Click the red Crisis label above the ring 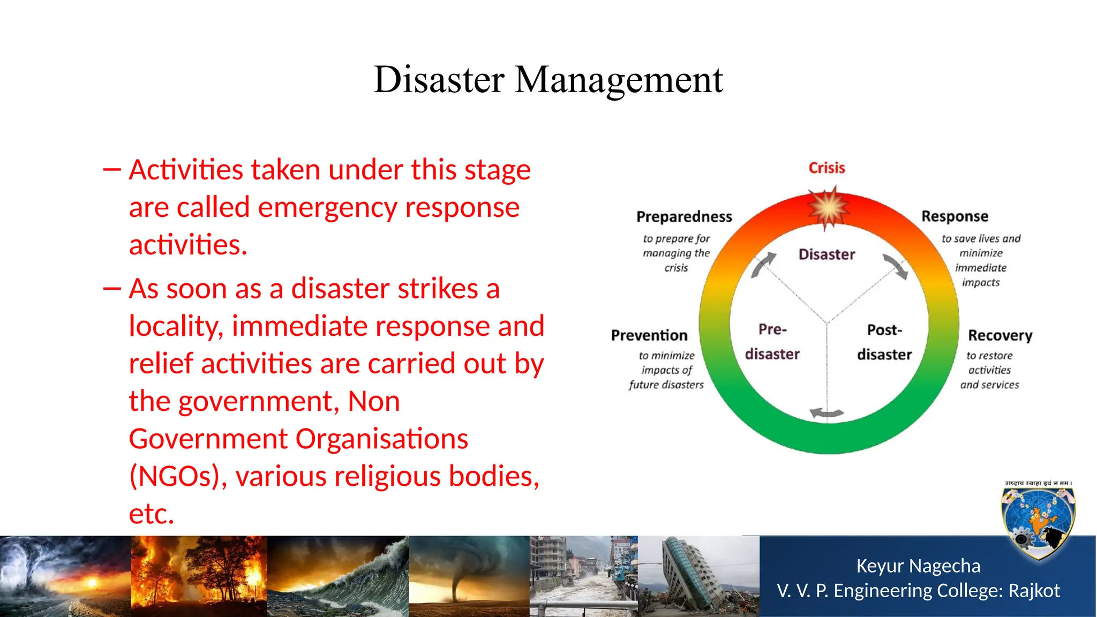pos(826,168)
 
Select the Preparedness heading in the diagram pos(684,217)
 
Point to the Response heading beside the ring pos(955,216)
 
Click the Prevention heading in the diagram pos(649,336)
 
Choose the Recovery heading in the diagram pos(1000,336)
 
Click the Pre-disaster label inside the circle pos(772,342)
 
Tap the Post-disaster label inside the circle pos(884,342)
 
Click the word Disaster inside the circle pos(826,254)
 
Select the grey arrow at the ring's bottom pos(826,413)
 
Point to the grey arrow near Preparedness pos(763,265)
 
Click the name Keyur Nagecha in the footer pos(918,566)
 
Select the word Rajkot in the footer pos(1034,591)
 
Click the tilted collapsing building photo pos(696,576)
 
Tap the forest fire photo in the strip pos(199,576)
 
